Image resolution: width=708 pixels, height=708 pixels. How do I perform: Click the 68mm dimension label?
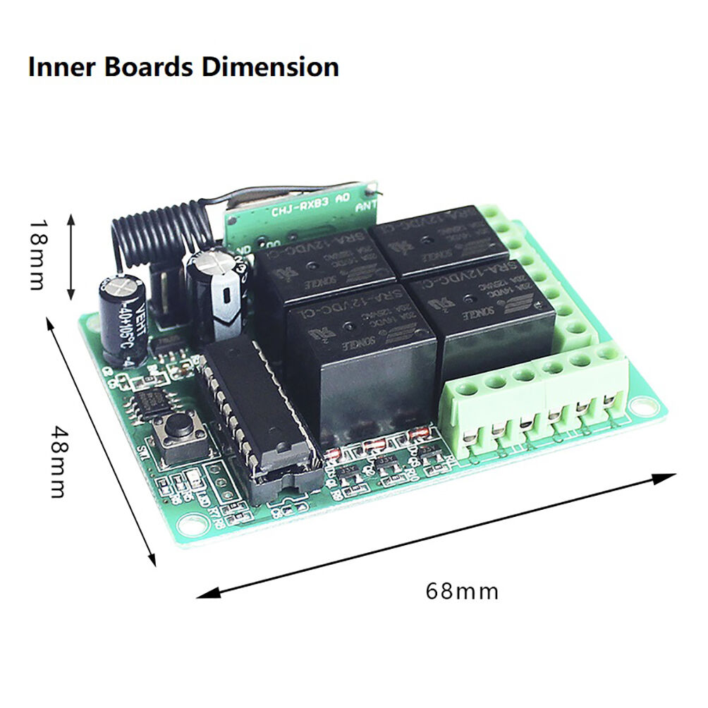[x=462, y=590]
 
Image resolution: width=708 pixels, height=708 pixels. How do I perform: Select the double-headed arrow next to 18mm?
[x=71, y=257]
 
